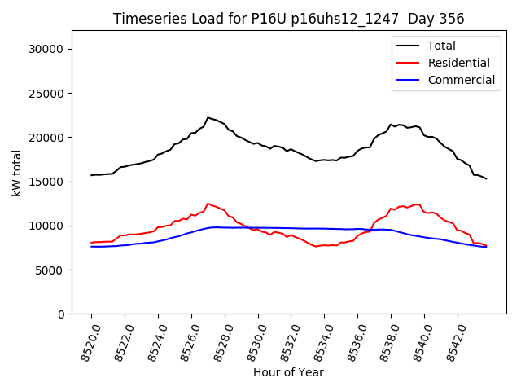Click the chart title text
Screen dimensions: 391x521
point(289,19)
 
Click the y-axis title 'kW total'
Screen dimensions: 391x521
point(16,173)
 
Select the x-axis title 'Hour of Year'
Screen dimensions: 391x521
point(288,372)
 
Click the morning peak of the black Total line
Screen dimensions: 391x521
point(208,117)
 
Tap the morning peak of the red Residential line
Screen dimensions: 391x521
point(208,204)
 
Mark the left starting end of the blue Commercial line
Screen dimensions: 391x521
point(91,247)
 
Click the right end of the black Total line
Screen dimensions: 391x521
point(486,178)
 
